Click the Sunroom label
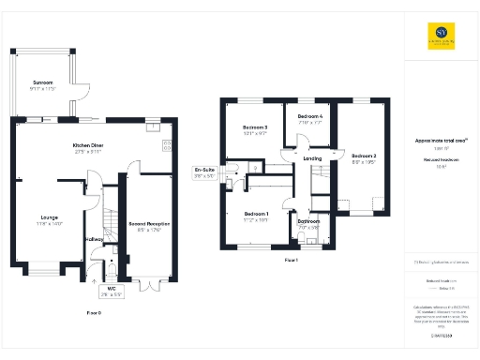click(x=42, y=82)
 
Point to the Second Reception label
click(x=148, y=225)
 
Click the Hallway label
click(x=95, y=240)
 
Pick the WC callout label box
click(x=111, y=291)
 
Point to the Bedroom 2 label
click(x=364, y=156)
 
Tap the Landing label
click(x=314, y=159)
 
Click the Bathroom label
click(x=309, y=221)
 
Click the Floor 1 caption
click(x=291, y=259)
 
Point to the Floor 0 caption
click(x=94, y=310)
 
